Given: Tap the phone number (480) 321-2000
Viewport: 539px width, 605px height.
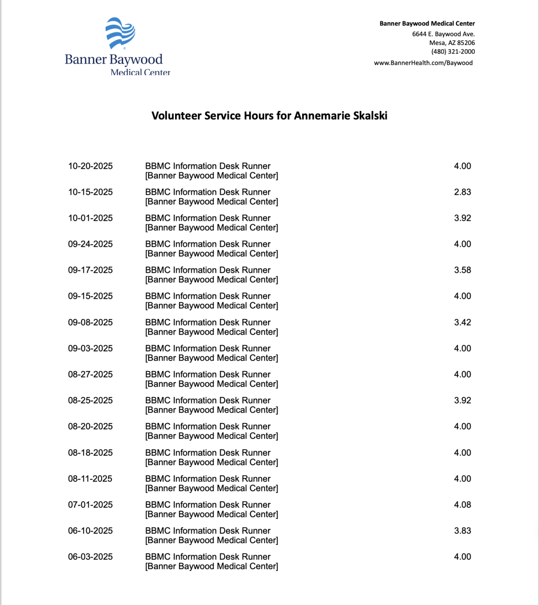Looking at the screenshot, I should (453, 52).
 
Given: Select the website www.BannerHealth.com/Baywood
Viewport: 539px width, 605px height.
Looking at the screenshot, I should (423, 63).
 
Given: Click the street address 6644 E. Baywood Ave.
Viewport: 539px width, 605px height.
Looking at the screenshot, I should (443, 34).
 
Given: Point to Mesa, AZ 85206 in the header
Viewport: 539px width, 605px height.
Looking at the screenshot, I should (452, 43).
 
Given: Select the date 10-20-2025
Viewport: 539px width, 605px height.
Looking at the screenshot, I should (90, 166).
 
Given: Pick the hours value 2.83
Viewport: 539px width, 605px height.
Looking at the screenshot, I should (462, 192).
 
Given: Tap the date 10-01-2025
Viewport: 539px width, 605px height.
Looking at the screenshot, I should (90, 218).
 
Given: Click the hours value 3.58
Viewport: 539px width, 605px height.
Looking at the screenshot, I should (462, 270).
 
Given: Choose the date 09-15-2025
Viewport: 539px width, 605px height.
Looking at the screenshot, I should (90, 296).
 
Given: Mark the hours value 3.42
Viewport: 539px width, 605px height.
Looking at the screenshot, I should (462, 322).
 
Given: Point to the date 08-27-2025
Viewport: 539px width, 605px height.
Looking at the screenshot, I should (90, 374).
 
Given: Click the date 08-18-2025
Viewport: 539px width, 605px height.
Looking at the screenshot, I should (90, 453).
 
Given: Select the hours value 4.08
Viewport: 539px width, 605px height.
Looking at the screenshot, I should (462, 505).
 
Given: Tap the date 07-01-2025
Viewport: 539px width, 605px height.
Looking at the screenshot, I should (90, 505).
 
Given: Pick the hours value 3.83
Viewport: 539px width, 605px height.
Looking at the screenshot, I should (462, 531).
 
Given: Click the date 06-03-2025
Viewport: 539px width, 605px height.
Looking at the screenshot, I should (90, 557).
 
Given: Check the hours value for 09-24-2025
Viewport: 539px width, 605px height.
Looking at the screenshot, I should (462, 244).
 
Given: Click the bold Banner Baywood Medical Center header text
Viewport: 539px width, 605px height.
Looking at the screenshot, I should (427, 24).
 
